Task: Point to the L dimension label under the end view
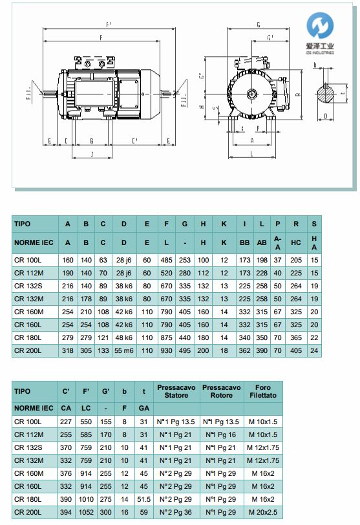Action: point(251,154)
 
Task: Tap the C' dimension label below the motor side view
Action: point(134,140)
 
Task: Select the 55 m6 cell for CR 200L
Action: point(123,350)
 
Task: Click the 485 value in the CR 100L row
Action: point(166,259)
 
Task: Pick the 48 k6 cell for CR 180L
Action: point(123,337)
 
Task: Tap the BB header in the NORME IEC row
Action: point(244,242)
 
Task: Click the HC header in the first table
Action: point(295,242)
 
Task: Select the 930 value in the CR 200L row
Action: point(166,350)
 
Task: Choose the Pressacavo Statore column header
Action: point(176,391)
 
